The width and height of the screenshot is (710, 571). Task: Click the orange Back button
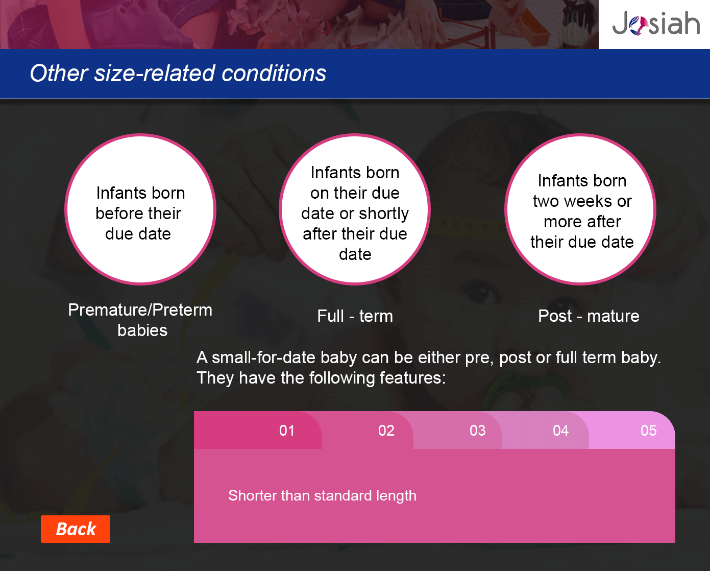(76, 529)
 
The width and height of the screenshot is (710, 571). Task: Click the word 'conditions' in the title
(274, 73)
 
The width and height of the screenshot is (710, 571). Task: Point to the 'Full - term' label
(355, 316)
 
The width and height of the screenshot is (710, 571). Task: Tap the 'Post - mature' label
(589, 316)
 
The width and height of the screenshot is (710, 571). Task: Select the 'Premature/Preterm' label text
(140, 310)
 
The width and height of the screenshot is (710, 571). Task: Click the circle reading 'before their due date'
(140, 209)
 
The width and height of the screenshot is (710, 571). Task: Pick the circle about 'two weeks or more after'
(580, 209)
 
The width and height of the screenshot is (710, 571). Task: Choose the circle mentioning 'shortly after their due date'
(355, 209)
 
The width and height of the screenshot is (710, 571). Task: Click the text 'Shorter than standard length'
(323, 496)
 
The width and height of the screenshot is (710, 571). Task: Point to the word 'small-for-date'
(263, 358)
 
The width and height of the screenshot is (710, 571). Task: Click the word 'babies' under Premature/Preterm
(142, 330)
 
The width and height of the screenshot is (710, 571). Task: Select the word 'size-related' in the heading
(155, 73)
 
